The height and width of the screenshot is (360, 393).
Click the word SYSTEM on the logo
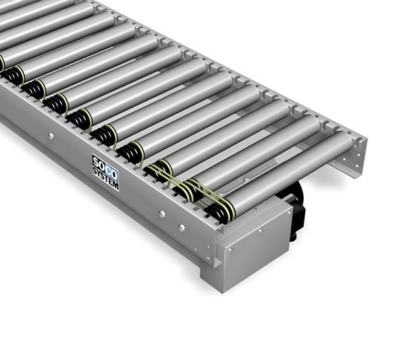[x=106, y=178]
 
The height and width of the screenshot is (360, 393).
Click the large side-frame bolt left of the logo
[x=51, y=137]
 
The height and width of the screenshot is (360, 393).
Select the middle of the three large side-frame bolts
[x=162, y=214]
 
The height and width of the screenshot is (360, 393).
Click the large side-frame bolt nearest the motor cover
[x=182, y=228]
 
